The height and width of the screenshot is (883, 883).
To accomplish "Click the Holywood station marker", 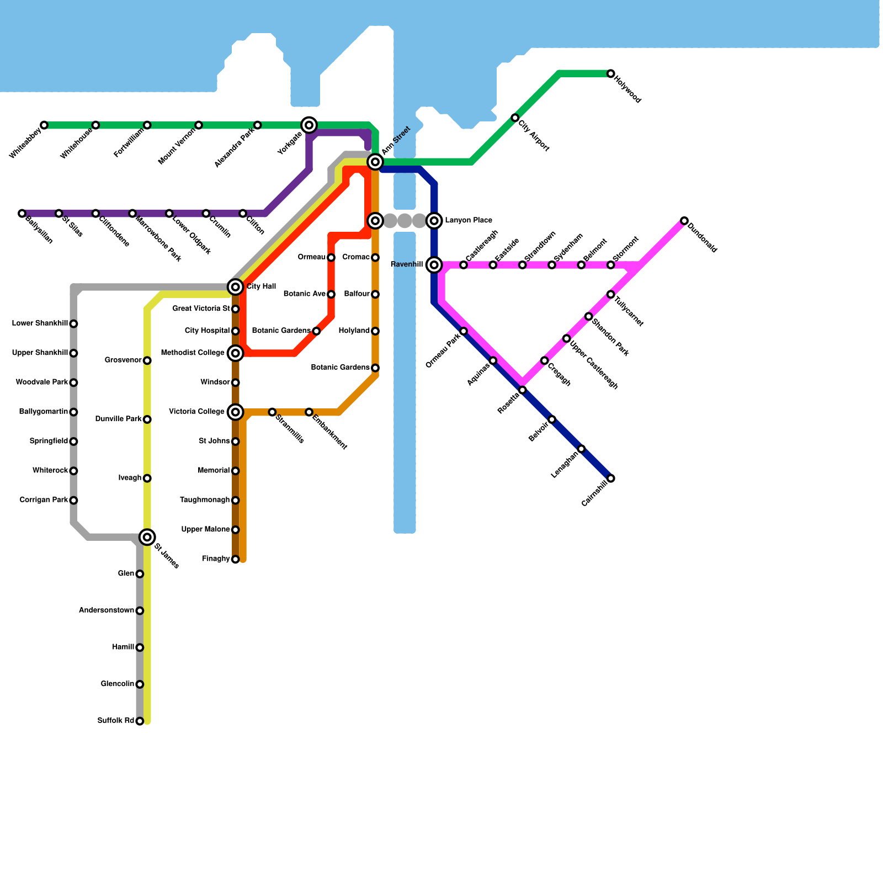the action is pyautogui.click(x=610, y=74).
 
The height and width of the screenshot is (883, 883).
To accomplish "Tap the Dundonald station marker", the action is pyautogui.click(x=684, y=221).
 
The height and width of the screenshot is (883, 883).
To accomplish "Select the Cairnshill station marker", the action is pyautogui.click(x=611, y=478).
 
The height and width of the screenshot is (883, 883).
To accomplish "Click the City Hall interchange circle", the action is pyautogui.click(x=236, y=287).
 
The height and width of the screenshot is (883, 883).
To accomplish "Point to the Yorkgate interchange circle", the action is pyautogui.click(x=310, y=125).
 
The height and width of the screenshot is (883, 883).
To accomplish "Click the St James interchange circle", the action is pyautogui.click(x=147, y=537).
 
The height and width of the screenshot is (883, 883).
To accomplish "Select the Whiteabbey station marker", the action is pyautogui.click(x=44, y=125).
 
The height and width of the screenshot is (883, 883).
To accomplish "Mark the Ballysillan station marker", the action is pyautogui.click(x=22, y=214).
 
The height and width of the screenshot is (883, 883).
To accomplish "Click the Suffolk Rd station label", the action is pyautogui.click(x=115, y=721).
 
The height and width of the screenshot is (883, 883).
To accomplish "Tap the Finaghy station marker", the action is pyautogui.click(x=236, y=560).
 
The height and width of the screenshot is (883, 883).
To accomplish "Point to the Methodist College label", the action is pyautogui.click(x=193, y=353).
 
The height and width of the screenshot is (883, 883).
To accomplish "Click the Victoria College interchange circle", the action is pyautogui.click(x=236, y=412).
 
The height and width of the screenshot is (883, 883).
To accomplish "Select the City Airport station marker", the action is pyautogui.click(x=515, y=118).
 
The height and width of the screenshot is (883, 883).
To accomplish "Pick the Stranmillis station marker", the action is pyautogui.click(x=272, y=412).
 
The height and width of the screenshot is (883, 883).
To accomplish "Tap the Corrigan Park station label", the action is pyautogui.click(x=44, y=501).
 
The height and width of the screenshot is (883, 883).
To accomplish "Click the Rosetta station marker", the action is pyautogui.click(x=523, y=390).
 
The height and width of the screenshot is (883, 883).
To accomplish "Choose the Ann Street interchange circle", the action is pyautogui.click(x=375, y=162).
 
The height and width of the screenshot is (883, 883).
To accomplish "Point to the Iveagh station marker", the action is pyautogui.click(x=147, y=478).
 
